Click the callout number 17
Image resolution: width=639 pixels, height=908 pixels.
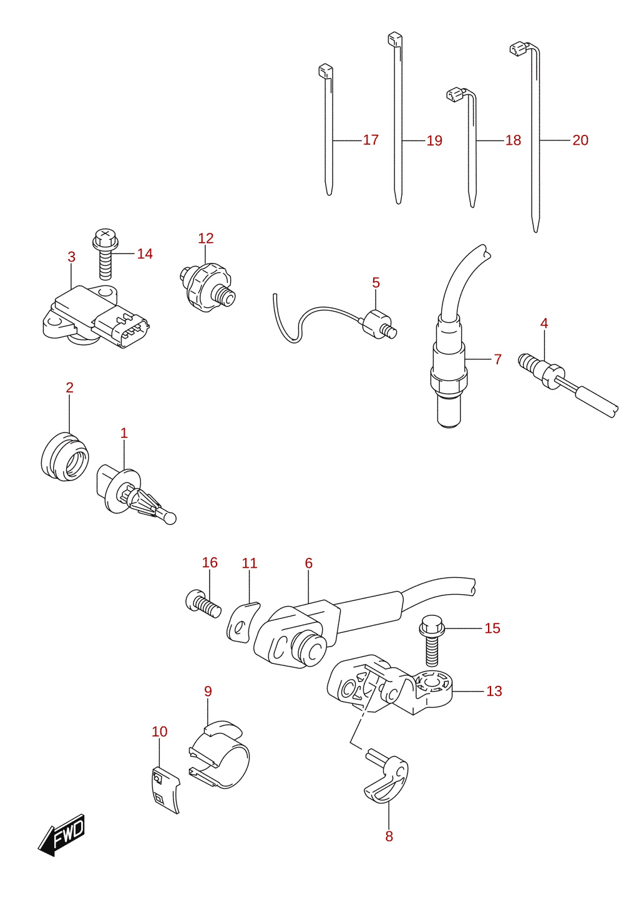(371, 140)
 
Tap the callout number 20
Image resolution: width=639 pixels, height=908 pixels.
(580, 140)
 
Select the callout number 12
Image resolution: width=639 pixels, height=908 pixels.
(205, 238)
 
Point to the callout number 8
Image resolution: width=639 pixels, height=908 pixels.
(389, 836)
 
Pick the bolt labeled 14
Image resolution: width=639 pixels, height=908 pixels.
(105, 253)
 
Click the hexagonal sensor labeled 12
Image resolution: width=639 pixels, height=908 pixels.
(207, 286)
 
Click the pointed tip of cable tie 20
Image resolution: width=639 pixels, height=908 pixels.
(535, 232)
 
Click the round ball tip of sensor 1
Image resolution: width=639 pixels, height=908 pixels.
(170, 518)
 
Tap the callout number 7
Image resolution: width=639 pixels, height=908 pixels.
(498, 359)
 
